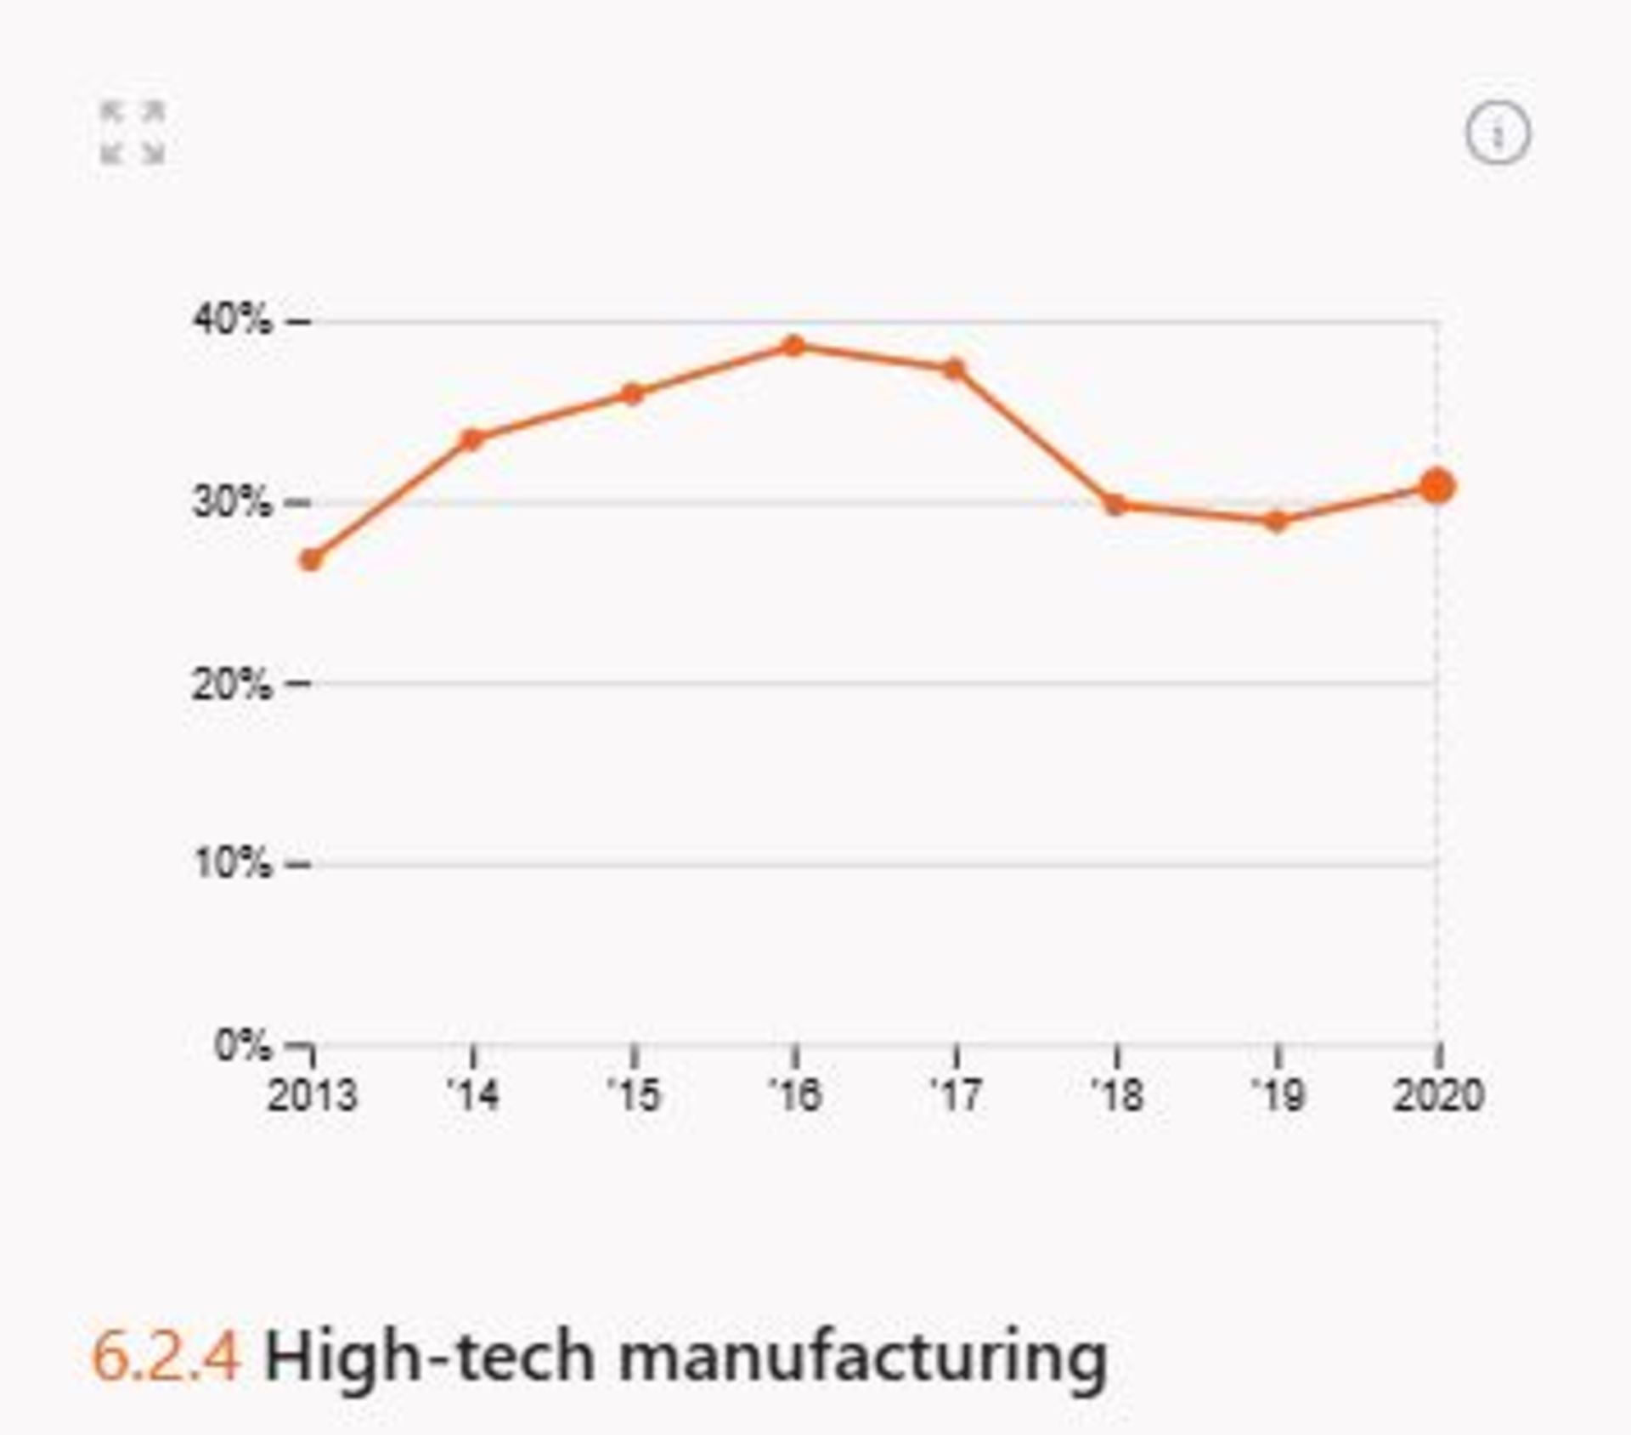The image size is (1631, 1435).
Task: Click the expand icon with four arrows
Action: [x=133, y=133]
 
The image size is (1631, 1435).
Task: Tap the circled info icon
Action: [x=1498, y=134]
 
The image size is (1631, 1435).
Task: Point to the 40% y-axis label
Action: [x=233, y=320]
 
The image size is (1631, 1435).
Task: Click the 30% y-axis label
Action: [x=233, y=502]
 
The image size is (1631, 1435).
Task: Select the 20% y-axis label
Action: [x=233, y=683]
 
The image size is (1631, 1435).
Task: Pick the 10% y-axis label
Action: [x=233, y=864]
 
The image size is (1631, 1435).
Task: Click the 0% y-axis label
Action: [x=243, y=1045]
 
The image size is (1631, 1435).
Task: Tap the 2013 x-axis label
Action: [x=312, y=1096]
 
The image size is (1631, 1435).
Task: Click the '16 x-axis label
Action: [x=795, y=1096]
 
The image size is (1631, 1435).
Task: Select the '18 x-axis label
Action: [x=1117, y=1096]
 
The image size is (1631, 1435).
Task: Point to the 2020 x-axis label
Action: [x=1438, y=1096]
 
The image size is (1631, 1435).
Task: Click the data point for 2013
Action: [x=312, y=560]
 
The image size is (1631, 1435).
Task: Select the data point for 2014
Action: [x=472, y=439]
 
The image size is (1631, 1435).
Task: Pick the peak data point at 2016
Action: [x=794, y=346]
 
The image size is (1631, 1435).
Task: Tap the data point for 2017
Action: [x=955, y=370]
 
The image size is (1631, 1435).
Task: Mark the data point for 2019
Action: [x=1277, y=521]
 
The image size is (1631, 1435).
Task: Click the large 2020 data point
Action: [x=1437, y=487]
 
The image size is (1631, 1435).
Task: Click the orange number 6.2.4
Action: [x=166, y=1357]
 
